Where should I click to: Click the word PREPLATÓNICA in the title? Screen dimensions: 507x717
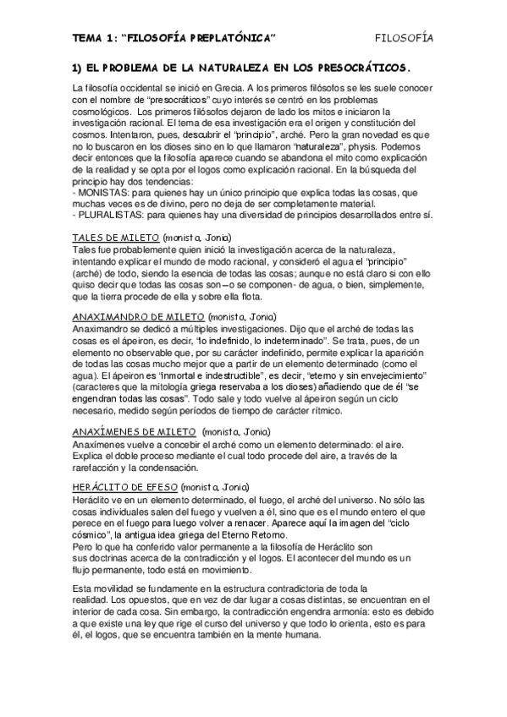234,37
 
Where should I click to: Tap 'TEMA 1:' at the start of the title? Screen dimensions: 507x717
95,37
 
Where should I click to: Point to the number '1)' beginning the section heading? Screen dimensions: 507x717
78,67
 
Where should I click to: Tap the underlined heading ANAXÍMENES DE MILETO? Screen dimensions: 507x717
135,431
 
